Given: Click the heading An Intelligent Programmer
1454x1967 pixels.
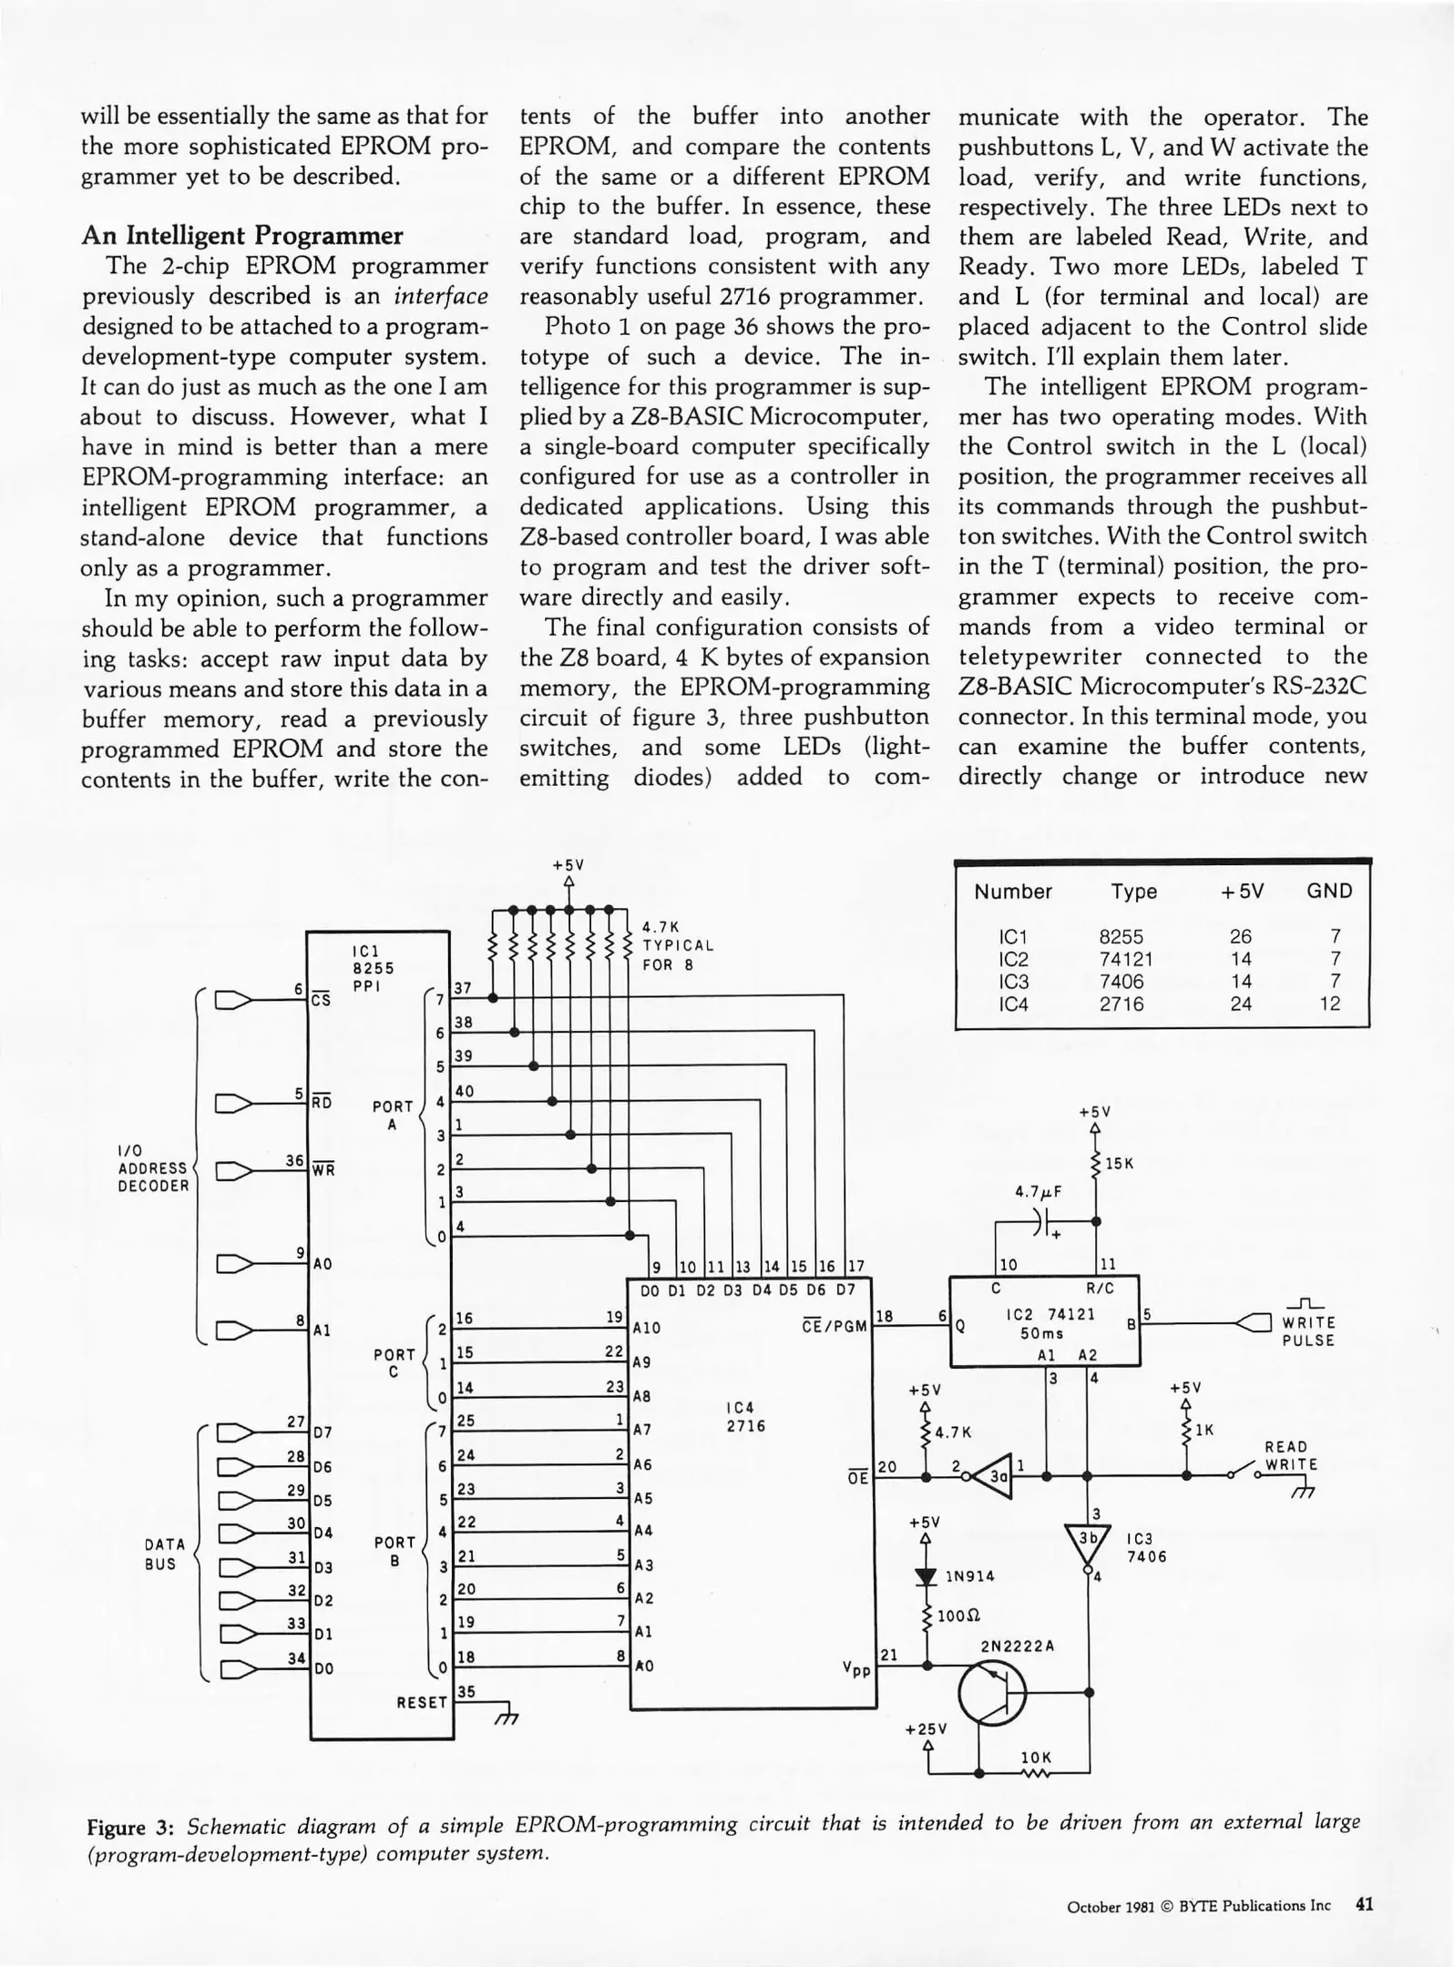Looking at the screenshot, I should pyautogui.click(x=241, y=236).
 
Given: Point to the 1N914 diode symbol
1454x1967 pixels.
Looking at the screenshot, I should pyautogui.click(x=927, y=1576).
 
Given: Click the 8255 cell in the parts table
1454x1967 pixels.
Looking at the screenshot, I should pyautogui.click(x=1121, y=936).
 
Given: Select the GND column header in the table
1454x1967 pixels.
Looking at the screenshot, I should pyautogui.click(x=1329, y=891).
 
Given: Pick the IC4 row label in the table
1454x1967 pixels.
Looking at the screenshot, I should pyautogui.click(x=1013, y=1004).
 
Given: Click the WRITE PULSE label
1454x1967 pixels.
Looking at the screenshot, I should pyautogui.click(x=1307, y=1331).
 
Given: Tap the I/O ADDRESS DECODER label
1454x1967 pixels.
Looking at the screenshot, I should pyautogui.click(x=153, y=1168).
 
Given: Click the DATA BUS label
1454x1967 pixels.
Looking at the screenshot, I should pyautogui.click(x=164, y=1554).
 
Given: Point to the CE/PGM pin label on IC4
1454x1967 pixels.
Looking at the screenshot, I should pyautogui.click(x=835, y=1325).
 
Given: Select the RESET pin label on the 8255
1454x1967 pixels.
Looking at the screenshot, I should pyautogui.click(x=422, y=1701).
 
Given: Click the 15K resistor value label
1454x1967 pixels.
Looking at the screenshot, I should pyautogui.click(x=1120, y=1164).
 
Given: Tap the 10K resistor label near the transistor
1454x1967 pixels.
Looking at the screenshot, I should pyautogui.click(x=1036, y=1757).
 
